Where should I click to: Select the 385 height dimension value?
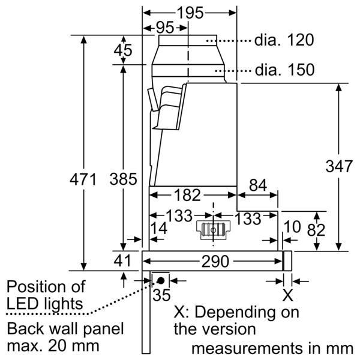tap(124, 179)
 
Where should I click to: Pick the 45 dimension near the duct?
tap(123, 52)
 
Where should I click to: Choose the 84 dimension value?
tap(258, 187)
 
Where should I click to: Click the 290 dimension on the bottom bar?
tap(215, 262)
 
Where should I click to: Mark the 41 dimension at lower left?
tap(123, 261)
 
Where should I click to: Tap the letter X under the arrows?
tap(288, 295)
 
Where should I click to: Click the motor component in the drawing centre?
tap(213, 229)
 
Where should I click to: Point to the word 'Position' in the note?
tap(35, 287)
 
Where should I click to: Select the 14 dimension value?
tap(159, 227)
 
